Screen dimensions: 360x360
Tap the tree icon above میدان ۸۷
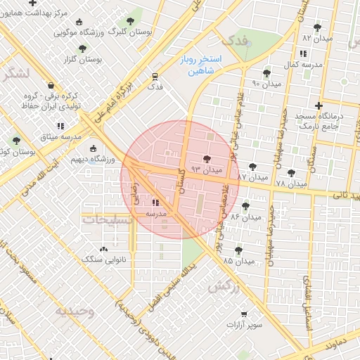pyautogui.click(x=253, y=166)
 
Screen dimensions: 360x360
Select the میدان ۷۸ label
pyautogui.click(x=291, y=184)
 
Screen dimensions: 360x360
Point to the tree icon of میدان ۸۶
pyautogui.click(x=245, y=206)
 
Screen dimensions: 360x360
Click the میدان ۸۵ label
pyautogui.click(x=238, y=261)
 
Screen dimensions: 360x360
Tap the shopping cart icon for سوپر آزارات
pyautogui.click(x=243, y=314)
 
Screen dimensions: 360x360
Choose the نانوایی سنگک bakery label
pyautogui.click(x=104, y=260)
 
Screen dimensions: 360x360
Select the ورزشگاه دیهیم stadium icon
pyautogui.click(x=94, y=148)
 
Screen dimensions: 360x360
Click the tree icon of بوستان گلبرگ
pyautogui.click(x=129, y=22)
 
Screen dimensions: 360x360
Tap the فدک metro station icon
pyautogui.click(x=154, y=76)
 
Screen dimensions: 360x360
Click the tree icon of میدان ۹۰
pyautogui.click(x=266, y=72)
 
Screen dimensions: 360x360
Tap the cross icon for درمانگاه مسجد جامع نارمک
pyautogui.click(x=319, y=105)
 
